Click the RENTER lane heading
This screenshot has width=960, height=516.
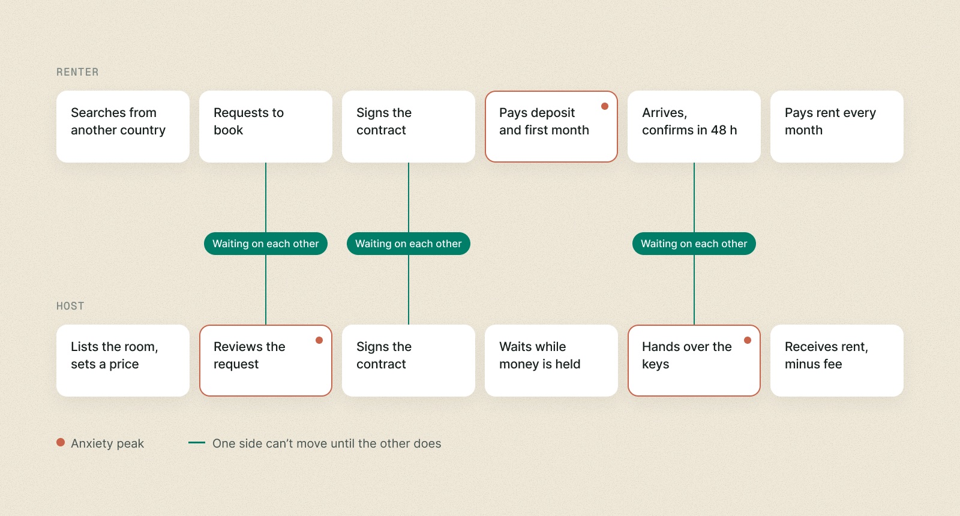coord(77,72)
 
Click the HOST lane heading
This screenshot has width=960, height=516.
coord(70,306)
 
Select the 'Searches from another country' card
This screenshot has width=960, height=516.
coord(123,127)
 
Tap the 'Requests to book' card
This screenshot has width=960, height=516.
coord(266,127)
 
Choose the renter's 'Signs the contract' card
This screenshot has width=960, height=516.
coord(409,127)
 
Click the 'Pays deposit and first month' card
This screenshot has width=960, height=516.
coord(551,127)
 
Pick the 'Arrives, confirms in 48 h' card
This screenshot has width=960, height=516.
coord(694,127)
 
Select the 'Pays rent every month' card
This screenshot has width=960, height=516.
coord(836,127)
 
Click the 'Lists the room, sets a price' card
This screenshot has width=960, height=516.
coord(123,361)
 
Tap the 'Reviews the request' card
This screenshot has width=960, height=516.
coord(266,361)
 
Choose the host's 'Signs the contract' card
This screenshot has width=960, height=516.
coord(409,361)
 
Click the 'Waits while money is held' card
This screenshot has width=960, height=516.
coord(551,361)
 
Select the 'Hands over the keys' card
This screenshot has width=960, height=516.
coord(694,361)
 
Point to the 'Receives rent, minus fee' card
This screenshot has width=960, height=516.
coord(836,361)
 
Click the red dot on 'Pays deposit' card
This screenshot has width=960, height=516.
coord(605,106)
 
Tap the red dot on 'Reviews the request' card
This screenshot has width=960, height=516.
coord(319,340)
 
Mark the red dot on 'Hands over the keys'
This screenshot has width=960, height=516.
coord(748,340)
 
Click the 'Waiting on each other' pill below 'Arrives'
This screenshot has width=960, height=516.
coord(694,244)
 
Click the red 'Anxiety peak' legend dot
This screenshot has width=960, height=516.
coord(61,442)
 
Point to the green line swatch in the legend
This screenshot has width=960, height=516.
coord(197,443)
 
